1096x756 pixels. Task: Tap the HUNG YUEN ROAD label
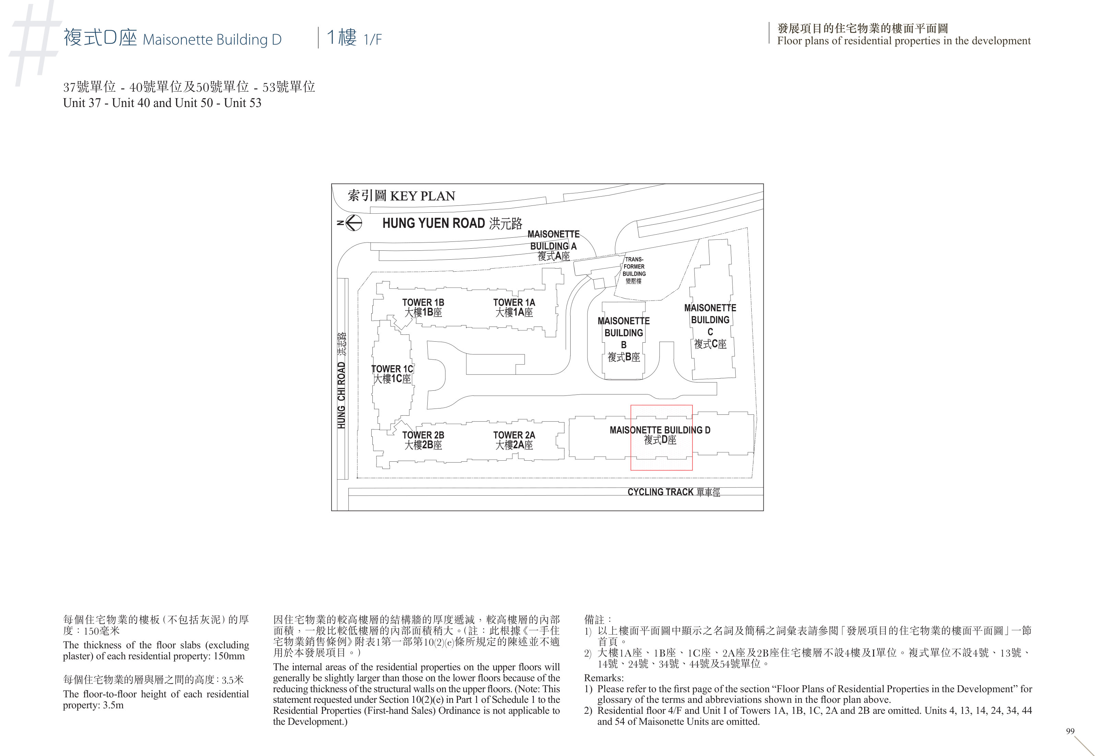452,223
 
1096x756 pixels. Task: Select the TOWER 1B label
423,307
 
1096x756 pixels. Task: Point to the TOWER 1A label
514,307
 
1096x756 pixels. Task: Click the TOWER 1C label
392,374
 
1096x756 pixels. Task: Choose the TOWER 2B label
423,440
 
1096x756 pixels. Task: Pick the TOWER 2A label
514,440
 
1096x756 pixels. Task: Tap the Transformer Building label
634,270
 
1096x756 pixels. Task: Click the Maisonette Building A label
553,245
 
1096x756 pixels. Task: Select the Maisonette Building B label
623,339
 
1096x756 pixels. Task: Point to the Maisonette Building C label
710,326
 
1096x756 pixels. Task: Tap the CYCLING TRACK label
674,492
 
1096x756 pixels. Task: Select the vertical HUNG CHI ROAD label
341,380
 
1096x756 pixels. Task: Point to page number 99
1070,731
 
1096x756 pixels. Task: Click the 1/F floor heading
354,37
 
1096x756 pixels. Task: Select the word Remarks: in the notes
604,678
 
